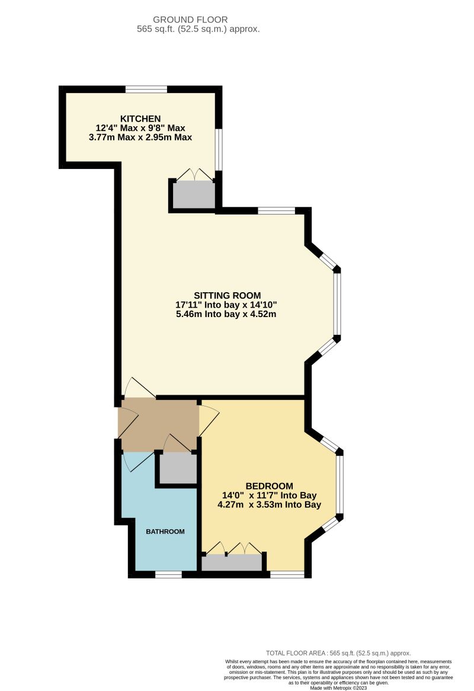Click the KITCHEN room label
pos(140,118)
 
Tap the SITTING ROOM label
pos(227,295)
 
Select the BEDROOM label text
pos(269,486)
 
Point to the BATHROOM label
pos(165,532)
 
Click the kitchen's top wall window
pos(146,89)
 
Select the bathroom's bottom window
pos(168,574)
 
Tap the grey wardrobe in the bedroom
pos(232,563)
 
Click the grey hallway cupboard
pos(177,469)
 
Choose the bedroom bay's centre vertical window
pos(340,483)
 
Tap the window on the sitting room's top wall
pos(276,210)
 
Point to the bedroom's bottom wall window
pos(287,574)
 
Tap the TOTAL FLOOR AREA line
pos(338,652)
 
